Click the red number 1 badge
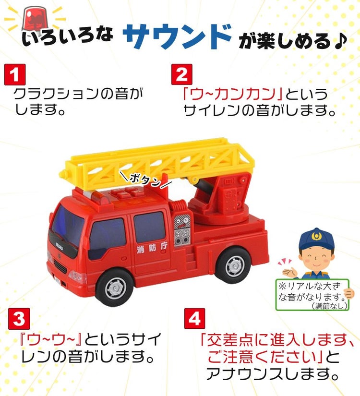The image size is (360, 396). pos(15,75)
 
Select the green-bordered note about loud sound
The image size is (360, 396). pos(312,294)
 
